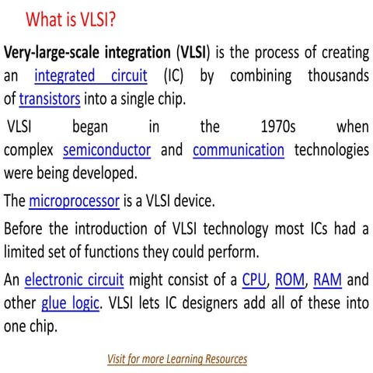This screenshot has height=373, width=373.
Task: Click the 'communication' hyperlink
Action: pos(239,149)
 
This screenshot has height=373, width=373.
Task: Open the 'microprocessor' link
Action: pos(74,201)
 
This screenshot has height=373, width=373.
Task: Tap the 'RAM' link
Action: pos(327,279)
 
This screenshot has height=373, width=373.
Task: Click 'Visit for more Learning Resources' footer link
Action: pos(177,359)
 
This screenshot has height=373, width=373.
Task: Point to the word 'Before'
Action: pos(24,228)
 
